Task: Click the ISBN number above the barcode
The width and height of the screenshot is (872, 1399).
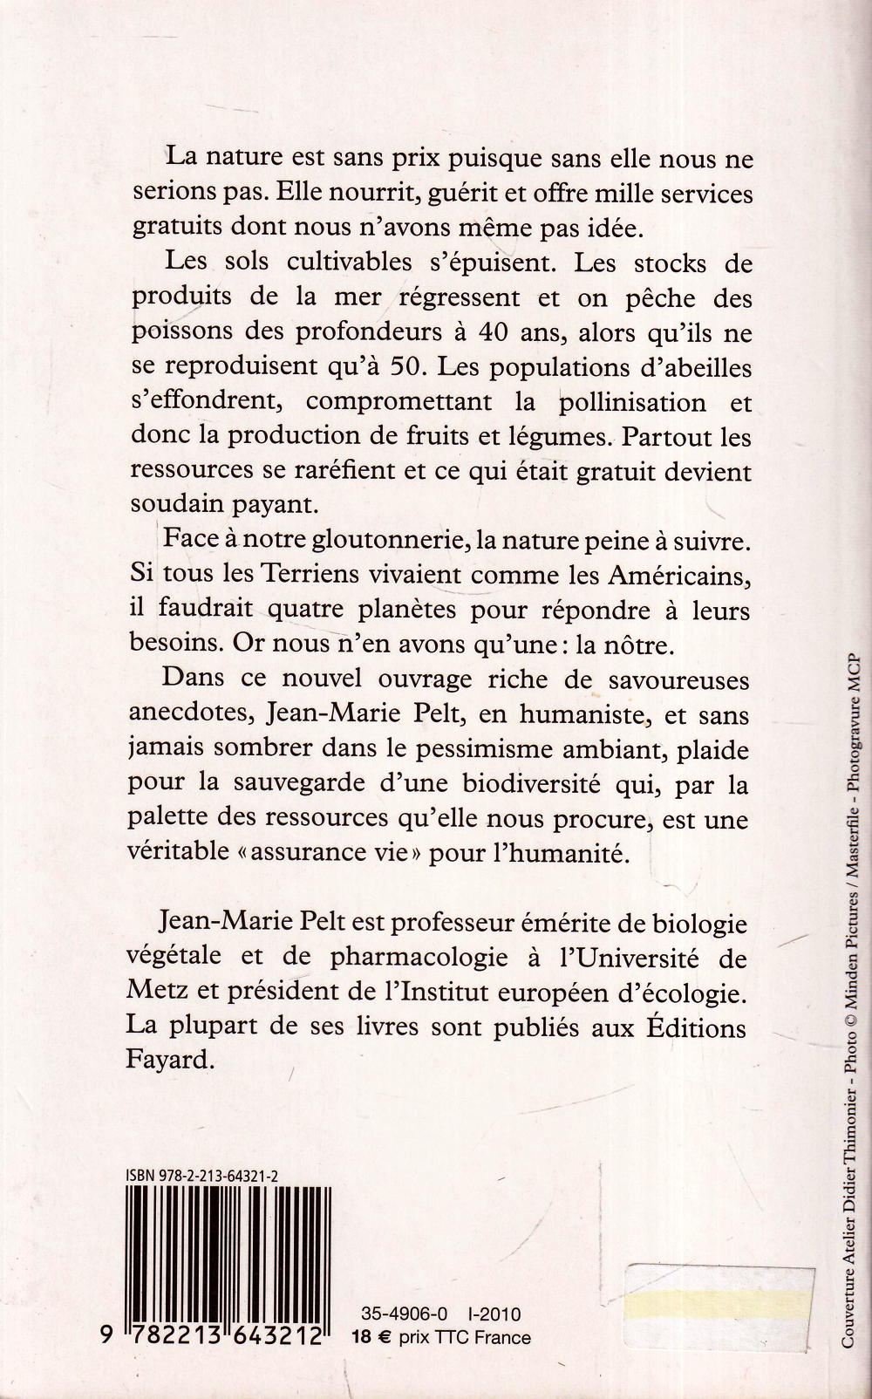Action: (202, 1177)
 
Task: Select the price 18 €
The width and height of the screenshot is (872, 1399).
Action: (370, 1336)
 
